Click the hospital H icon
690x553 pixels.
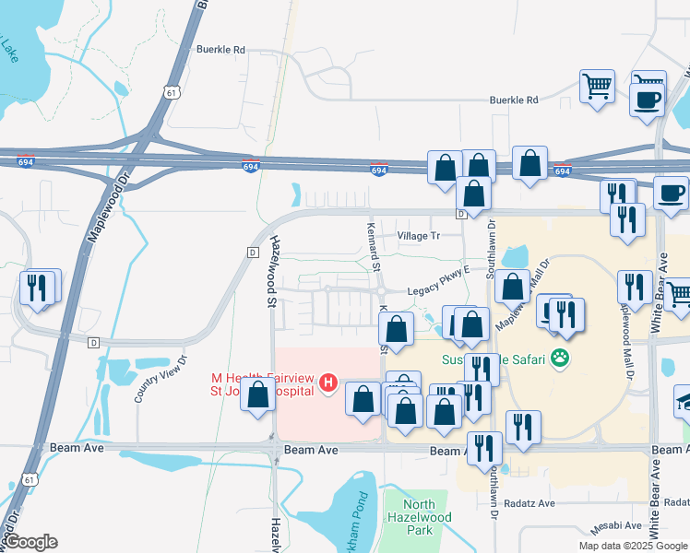tap(327, 385)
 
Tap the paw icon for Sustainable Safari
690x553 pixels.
tap(559, 357)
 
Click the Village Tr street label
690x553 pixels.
tap(419, 236)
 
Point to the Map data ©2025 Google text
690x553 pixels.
tap(633, 546)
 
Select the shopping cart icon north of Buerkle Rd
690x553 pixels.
tap(597, 87)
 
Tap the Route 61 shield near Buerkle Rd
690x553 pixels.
tap(169, 91)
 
